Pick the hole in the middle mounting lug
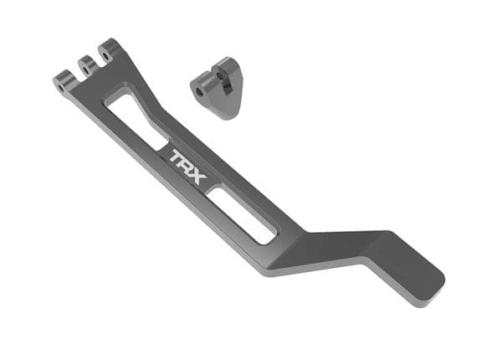coord(84,62)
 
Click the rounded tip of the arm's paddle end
coord(437,285)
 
